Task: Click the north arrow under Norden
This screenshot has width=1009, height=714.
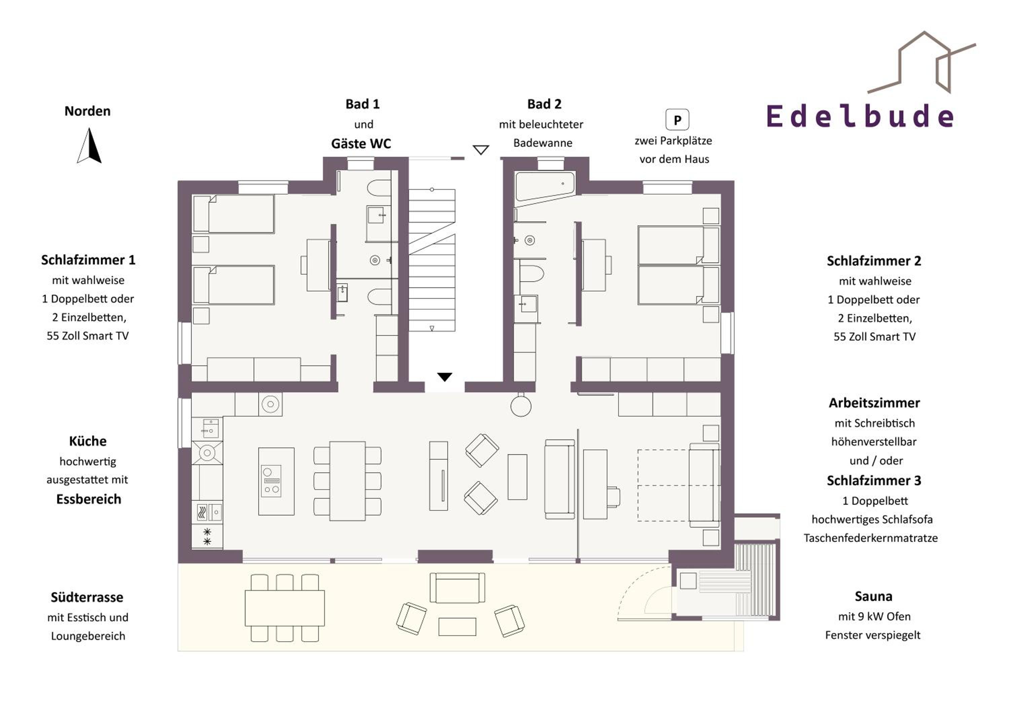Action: (90, 146)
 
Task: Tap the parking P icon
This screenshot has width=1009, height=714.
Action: (677, 119)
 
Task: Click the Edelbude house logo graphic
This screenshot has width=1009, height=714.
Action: (922, 62)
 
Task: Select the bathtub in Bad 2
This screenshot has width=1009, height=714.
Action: (545, 189)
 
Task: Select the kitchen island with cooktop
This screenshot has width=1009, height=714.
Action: (276, 481)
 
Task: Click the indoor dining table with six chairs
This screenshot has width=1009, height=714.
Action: (347, 481)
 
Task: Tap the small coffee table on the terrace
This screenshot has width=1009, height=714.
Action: (457, 627)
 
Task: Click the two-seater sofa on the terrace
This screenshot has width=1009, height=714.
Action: (457, 588)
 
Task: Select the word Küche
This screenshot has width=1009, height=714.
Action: (88, 441)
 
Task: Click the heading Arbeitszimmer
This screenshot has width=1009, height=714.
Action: (874, 403)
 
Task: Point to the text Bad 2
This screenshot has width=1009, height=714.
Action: (545, 104)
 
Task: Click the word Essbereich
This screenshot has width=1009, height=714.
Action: (89, 499)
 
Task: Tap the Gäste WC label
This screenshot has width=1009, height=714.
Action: (361, 144)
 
